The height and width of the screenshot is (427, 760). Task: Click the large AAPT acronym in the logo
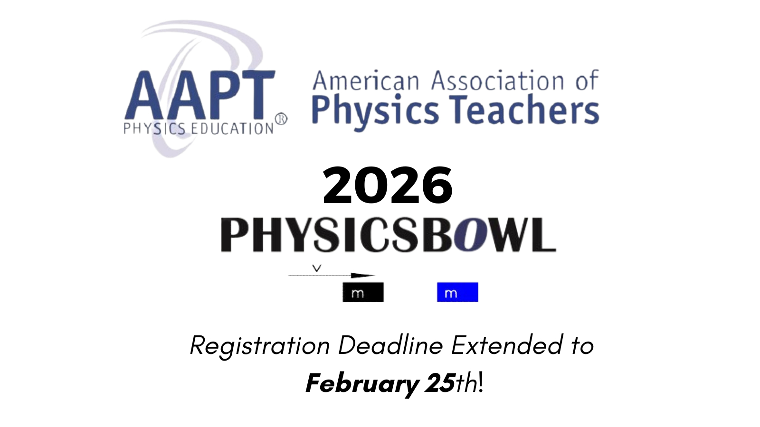coord(200,94)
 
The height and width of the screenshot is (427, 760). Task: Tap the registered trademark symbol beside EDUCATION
coord(281,119)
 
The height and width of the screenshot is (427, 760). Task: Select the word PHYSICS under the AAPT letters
coord(154,129)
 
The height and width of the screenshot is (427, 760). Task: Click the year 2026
coord(388,186)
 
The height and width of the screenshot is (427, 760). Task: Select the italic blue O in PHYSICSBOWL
coord(471,234)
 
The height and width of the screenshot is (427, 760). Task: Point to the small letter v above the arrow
coord(316,269)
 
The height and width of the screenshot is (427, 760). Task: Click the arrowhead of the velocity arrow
coord(363,276)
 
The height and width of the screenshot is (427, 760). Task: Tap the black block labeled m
coord(363,292)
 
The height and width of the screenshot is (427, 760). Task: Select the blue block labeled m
coord(457,292)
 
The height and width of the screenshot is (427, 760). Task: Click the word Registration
coord(260,346)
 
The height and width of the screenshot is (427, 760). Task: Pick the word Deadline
coord(390,345)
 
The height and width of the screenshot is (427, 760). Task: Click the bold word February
coord(362,384)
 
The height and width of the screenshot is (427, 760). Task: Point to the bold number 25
coord(439,383)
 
